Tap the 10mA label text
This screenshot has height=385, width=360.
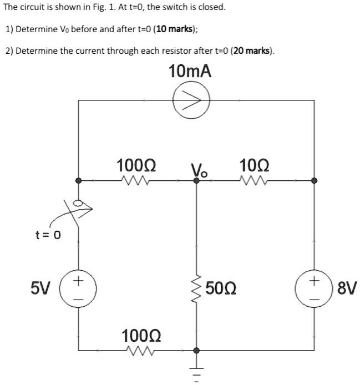tap(190, 72)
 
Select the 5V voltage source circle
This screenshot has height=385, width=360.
tap(78, 289)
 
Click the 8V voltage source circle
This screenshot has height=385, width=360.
tap(314, 289)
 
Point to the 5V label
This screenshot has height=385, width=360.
tap(40, 289)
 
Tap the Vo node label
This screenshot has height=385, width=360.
tap(198, 169)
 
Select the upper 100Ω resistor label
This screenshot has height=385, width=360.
tap(136, 165)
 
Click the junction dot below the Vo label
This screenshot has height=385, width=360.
tap(196, 180)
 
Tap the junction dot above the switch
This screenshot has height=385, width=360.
tap(78, 180)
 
